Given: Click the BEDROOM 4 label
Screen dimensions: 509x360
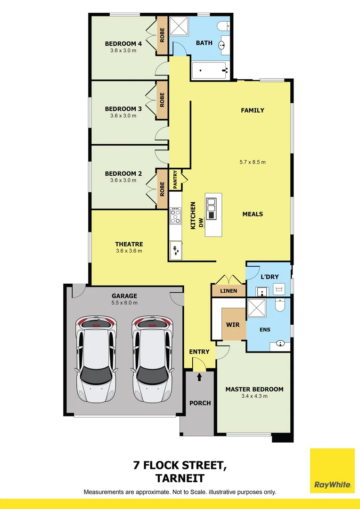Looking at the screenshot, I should click(x=123, y=44).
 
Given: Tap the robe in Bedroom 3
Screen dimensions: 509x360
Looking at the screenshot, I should click(x=162, y=99).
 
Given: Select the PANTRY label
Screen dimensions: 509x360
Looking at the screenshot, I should click(x=175, y=180).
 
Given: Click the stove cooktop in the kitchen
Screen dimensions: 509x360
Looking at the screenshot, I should click(x=175, y=216).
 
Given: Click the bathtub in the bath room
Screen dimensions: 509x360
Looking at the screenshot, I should click(x=211, y=71).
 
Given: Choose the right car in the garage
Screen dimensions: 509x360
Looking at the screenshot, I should click(x=152, y=359).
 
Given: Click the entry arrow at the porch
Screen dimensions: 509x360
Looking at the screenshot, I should click(x=199, y=377).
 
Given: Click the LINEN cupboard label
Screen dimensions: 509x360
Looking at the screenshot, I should click(x=229, y=291).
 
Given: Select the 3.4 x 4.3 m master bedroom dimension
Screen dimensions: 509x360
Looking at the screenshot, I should click(x=254, y=396).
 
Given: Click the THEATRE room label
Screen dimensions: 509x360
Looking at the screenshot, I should click(x=129, y=244).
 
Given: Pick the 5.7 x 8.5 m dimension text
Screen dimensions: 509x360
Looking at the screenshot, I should click(x=252, y=162).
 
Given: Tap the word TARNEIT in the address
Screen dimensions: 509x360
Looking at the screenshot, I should click(x=180, y=478).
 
